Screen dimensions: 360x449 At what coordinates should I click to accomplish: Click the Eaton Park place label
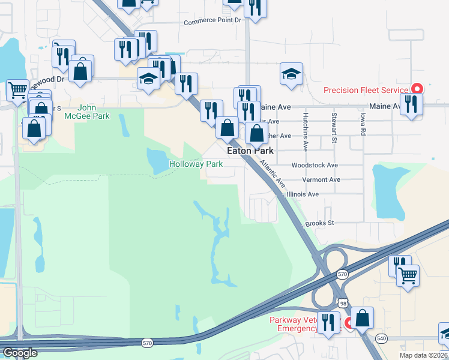click(250, 151)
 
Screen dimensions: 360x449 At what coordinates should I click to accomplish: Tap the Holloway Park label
click(196, 164)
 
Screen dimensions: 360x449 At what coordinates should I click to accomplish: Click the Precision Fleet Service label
click(366, 90)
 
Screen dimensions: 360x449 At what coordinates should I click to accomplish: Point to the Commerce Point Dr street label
click(212, 21)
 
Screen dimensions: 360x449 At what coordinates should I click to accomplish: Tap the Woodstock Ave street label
click(315, 165)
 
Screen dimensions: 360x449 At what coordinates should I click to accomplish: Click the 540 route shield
click(382, 339)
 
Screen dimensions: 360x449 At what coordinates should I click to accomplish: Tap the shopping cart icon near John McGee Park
click(17, 89)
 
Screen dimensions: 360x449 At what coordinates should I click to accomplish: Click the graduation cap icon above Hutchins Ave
click(291, 73)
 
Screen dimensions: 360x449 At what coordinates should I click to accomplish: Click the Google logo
click(19, 353)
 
